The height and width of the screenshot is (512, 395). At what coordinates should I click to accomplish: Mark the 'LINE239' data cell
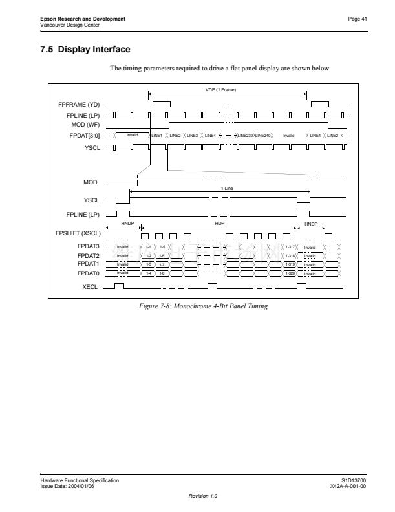(245, 136)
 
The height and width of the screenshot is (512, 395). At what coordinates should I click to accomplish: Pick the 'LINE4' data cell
(210, 136)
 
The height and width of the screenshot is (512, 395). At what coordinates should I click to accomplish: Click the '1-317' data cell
(290, 247)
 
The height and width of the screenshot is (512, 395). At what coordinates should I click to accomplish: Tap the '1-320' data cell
(290, 274)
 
